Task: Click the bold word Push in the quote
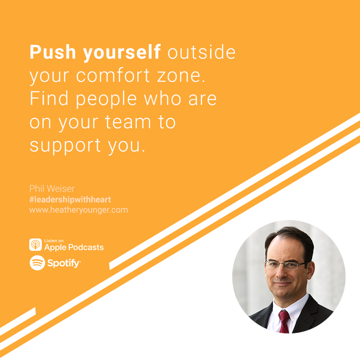(x=53, y=52)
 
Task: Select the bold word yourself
(x=121, y=53)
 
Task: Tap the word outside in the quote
(x=201, y=52)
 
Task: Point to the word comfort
(x=113, y=75)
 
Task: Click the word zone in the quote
(x=181, y=76)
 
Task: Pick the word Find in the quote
(x=49, y=98)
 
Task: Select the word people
(x=106, y=99)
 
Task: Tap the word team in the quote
(x=128, y=122)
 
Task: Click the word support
(x=65, y=146)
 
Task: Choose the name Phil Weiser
(x=52, y=189)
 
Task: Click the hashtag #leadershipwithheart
(x=70, y=199)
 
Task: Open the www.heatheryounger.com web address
(x=78, y=210)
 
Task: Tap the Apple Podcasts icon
(x=36, y=244)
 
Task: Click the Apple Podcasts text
(x=74, y=247)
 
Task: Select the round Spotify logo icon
(x=37, y=263)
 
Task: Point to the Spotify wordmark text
(x=64, y=263)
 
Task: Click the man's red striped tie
(x=284, y=321)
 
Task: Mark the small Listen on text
(x=54, y=241)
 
